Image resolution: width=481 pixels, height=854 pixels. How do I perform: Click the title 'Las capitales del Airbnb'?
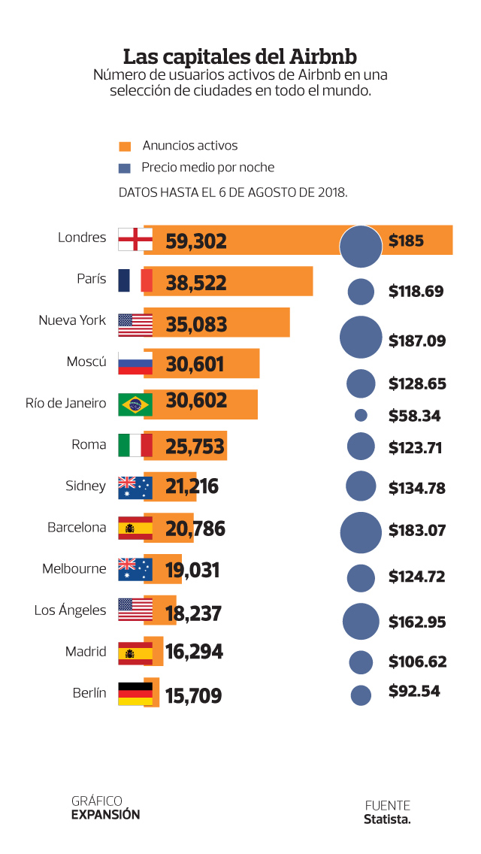(240, 57)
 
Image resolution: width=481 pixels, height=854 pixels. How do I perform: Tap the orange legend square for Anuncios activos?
(126, 147)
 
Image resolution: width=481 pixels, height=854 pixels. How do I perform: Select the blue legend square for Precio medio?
(126, 168)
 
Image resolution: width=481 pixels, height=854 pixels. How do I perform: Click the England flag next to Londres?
(135, 240)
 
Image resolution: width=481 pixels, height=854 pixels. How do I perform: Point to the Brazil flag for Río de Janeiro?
(135, 404)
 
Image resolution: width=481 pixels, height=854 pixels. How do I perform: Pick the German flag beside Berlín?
(135, 693)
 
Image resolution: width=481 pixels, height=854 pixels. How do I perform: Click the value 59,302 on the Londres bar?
(196, 241)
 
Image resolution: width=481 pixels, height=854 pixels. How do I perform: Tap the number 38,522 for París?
(196, 283)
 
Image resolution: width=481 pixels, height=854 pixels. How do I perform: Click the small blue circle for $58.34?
(361, 415)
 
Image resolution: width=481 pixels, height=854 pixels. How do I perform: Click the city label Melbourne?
(74, 568)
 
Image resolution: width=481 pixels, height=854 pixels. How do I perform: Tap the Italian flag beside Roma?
(135, 445)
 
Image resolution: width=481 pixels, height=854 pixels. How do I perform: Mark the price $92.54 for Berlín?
(414, 691)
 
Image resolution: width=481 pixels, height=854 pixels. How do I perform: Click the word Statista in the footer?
(387, 819)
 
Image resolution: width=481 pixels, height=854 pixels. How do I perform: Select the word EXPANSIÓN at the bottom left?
(105, 814)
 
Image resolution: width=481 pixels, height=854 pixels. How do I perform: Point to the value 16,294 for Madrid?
(194, 651)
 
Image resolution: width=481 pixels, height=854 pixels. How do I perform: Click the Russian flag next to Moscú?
(135, 363)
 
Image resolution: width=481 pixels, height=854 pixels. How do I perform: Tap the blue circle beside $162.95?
(361, 621)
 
